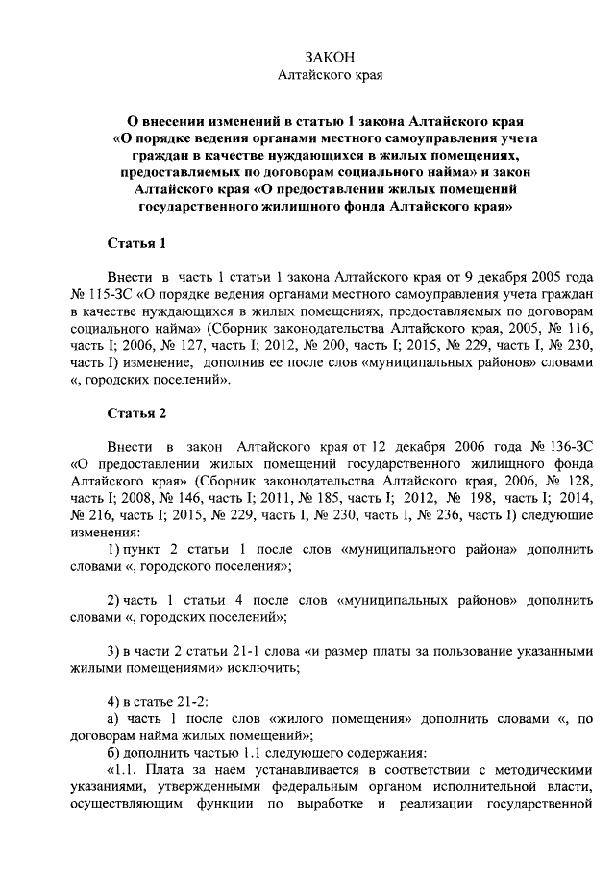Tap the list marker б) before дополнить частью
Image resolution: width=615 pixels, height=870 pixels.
point(112,755)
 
